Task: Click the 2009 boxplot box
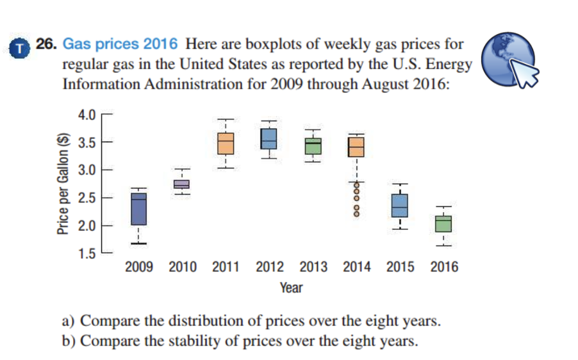[138, 209]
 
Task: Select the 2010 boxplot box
[182, 184]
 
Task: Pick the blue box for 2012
[269, 138]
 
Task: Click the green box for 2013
[313, 146]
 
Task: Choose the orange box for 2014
[356, 147]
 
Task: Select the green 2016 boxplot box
[443, 224]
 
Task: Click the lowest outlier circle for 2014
[356, 213]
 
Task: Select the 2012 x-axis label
[269, 267]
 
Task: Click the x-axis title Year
[291, 288]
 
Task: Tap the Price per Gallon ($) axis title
[63, 186]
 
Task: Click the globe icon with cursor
[511, 62]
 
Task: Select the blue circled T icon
[21, 49]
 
